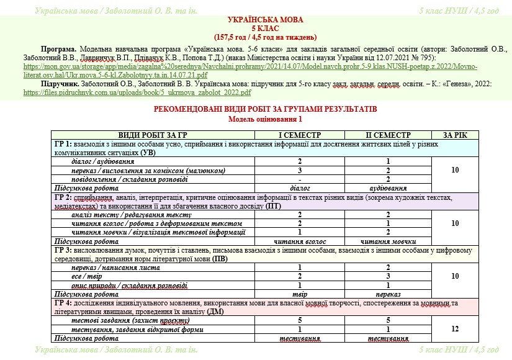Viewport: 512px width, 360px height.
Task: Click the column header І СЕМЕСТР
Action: (x=300, y=135)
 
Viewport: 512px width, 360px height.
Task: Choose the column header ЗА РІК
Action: (x=455, y=135)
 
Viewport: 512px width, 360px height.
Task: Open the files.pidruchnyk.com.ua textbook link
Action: (x=137, y=92)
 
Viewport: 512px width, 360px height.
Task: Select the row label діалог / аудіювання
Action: (x=103, y=161)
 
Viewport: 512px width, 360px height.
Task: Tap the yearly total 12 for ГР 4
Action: (x=455, y=329)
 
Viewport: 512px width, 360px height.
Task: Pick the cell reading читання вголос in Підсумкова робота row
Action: (x=300, y=241)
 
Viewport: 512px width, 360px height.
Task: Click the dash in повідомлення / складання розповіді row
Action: (x=300, y=179)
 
